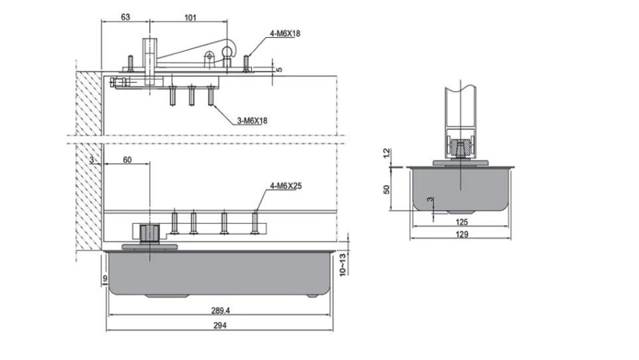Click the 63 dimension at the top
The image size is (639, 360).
point(125,17)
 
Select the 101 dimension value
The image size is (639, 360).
point(190,17)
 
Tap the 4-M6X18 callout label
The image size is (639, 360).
point(285,34)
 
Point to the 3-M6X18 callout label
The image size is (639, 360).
point(253,121)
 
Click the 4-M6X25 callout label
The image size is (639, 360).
point(286,186)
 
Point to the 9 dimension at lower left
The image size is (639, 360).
point(105,277)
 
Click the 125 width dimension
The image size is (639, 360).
point(462,222)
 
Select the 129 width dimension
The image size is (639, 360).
point(462,234)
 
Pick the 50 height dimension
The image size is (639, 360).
point(387,189)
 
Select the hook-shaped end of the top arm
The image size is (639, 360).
point(228,48)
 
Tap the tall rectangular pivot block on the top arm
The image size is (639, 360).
point(150,59)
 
